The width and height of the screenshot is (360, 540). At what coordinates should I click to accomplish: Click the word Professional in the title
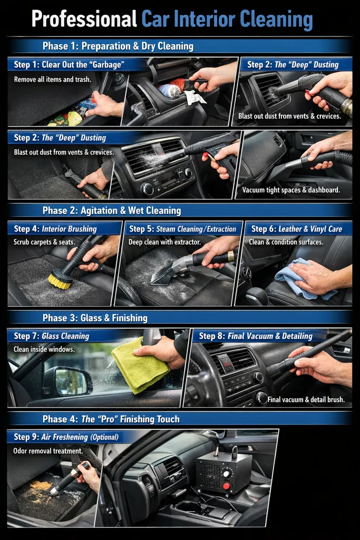click(x=84, y=20)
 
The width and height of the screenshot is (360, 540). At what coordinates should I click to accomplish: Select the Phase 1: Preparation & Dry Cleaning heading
click(x=118, y=46)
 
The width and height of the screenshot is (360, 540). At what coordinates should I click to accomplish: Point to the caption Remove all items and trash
click(x=53, y=79)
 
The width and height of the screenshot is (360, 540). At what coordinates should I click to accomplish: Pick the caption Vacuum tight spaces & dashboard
click(x=291, y=190)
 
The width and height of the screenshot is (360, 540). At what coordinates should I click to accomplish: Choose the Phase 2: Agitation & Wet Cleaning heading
click(x=111, y=210)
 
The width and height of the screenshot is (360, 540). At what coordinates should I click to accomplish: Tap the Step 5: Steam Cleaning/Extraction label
click(x=182, y=229)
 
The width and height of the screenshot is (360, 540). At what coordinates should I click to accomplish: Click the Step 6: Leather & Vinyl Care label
click(x=296, y=229)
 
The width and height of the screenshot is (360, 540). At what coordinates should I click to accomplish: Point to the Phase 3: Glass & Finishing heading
click(x=95, y=318)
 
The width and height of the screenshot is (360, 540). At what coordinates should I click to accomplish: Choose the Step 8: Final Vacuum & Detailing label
click(x=256, y=336)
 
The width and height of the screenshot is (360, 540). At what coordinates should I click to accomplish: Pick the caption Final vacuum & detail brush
click(x=306, y=400)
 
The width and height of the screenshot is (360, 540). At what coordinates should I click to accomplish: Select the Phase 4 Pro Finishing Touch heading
click(x=111, y=419)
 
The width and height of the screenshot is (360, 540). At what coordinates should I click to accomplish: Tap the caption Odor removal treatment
click(x=48, y=451)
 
